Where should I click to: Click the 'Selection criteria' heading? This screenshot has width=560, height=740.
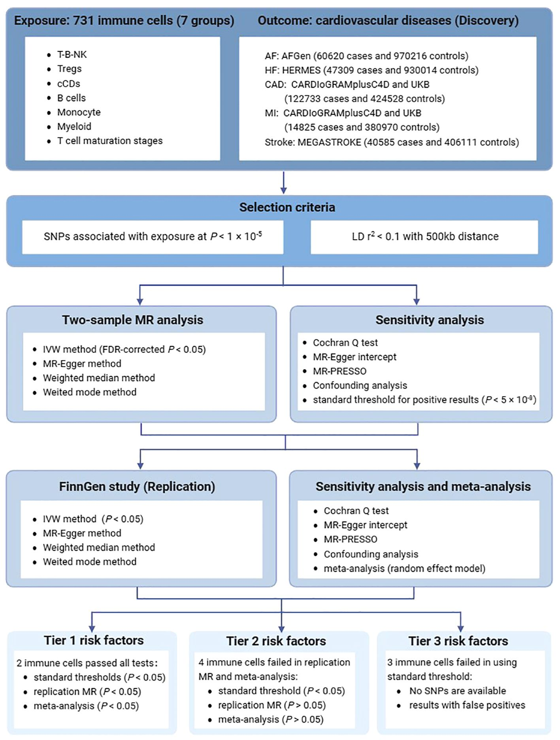click(x=287, y=207)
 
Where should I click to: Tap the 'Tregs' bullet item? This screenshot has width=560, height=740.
click(x=69, y=69)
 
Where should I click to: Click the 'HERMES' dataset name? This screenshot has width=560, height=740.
click(x=301, y=70)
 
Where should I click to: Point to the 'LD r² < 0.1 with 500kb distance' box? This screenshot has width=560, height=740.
click(x=424, y=237)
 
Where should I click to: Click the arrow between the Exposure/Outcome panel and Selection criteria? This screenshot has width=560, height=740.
click(x=283, y=183)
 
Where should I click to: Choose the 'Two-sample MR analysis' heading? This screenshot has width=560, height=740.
click(x=133, y=320)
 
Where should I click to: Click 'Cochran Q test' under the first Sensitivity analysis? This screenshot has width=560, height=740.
click(x=345, y=342)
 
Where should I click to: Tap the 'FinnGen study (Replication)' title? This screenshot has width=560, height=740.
click(x=137, y=487)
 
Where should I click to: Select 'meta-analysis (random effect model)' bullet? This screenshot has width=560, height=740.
click(x=404, y=568)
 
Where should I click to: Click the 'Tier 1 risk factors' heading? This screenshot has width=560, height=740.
click(x=94, y=640)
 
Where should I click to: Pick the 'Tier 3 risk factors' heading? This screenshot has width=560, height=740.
click(x=458, y=641)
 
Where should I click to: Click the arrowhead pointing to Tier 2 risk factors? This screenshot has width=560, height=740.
click(x=281, y=628)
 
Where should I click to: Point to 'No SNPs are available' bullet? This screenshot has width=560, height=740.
click(x=457, y=691)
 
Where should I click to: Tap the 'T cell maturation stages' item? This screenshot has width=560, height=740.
click(x=110, y=140)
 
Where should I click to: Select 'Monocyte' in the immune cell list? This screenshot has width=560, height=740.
click(x=78, y=112)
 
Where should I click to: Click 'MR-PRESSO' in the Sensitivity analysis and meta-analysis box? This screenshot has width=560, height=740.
click(x=350, y=539)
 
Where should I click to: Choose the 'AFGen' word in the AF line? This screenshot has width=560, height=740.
click(x=296, y=56)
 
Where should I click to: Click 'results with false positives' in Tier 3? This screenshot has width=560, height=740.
click(x=467, y=705)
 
